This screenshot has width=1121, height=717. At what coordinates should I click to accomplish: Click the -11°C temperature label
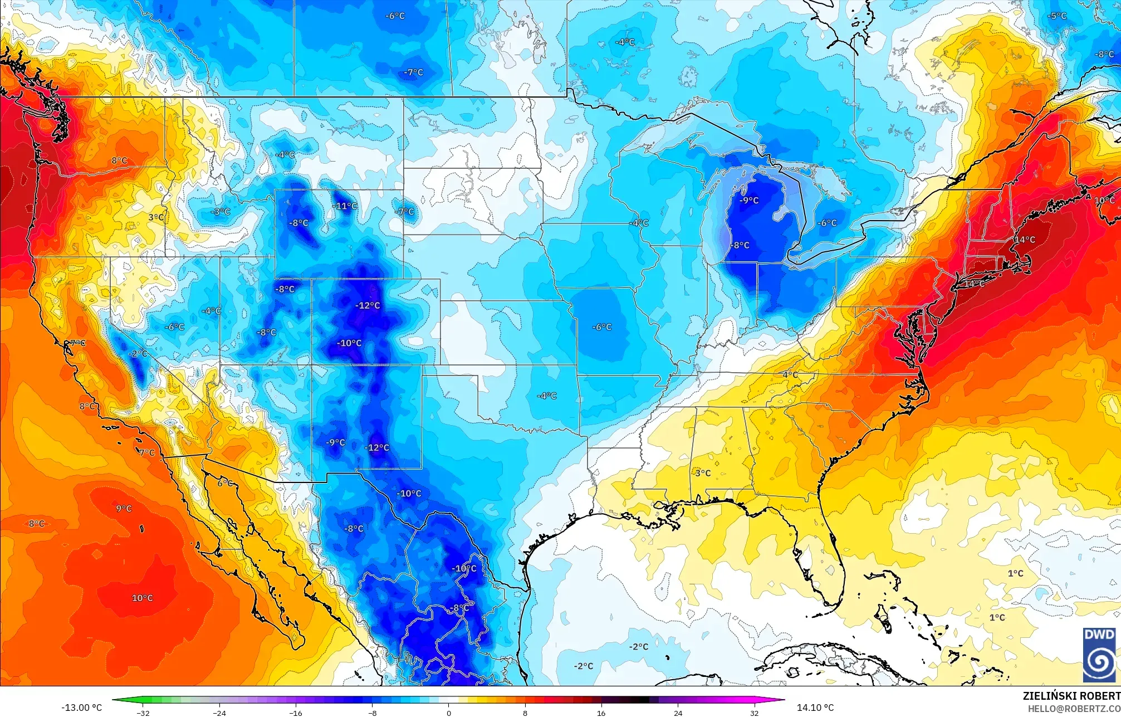tap(346, 206)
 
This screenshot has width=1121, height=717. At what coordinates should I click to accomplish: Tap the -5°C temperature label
tap(1056, 16)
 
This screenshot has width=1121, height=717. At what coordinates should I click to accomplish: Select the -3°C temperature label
tap(221, 212)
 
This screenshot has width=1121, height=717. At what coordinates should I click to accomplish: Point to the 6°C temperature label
tap(226, 483)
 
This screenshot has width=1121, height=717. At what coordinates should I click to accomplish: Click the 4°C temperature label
tap(790, 375)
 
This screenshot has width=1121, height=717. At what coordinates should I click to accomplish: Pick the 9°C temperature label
tap(124, 509)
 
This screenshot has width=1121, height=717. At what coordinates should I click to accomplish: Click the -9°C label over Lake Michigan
tap(749, 201)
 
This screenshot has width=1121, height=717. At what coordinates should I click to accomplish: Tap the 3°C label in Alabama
tap(703, 473)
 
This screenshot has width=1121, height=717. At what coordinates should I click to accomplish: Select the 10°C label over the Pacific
tap(142, 598)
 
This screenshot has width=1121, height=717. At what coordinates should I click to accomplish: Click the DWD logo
tap(1099, 655)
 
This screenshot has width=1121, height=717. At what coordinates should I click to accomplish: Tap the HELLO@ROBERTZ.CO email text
tap(1074, 709)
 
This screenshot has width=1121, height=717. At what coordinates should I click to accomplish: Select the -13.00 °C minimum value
tap(82, 708)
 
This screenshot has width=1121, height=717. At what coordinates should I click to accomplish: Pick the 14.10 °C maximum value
tap(815, 708)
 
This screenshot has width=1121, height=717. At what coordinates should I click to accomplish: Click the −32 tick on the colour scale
tap(144, 713)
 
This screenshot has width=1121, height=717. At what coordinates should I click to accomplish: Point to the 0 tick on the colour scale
tap(449, 713)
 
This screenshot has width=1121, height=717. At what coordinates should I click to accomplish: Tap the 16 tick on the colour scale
tap(601, 713)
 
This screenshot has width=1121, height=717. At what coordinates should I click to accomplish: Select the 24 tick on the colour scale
tap(678, 713)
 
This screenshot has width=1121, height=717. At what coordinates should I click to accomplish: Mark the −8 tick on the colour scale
tap(373, 713)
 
